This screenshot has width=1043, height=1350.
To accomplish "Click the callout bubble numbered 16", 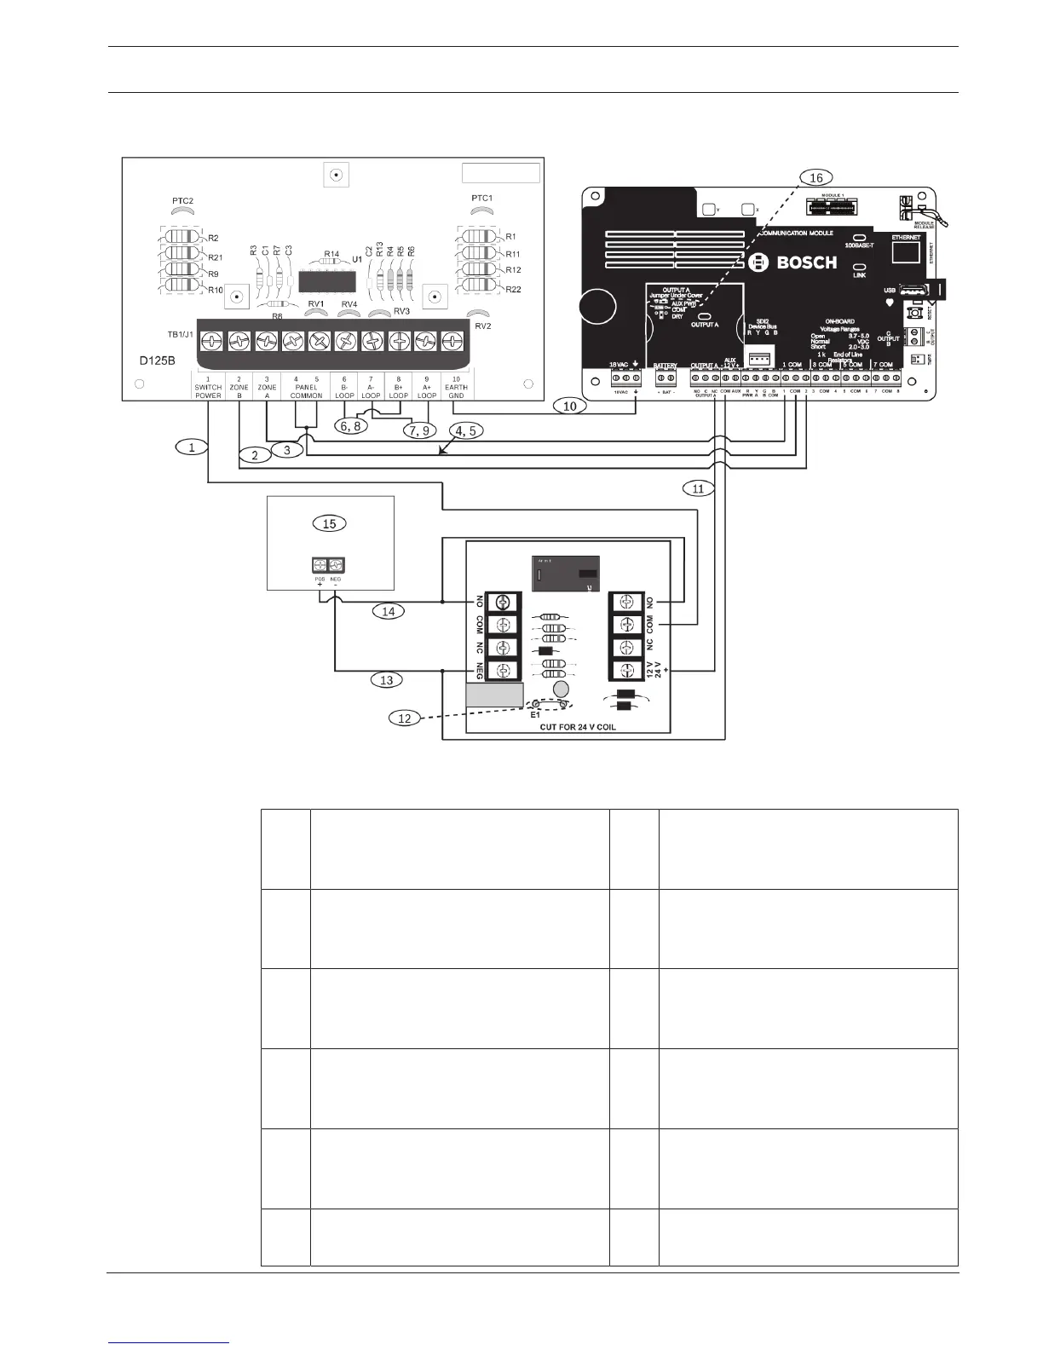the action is [815, 177].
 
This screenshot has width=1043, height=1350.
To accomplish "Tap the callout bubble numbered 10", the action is [570, 406].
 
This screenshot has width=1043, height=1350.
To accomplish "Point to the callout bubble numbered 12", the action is [405, 718].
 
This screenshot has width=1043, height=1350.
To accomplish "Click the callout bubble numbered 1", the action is [193, 447].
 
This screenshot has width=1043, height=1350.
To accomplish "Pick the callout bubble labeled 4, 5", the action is [465, 431].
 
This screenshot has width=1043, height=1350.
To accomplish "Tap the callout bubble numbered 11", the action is [698, 488].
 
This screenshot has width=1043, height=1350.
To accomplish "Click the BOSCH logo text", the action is [795, 262].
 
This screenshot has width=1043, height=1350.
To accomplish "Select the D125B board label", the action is [158, 361].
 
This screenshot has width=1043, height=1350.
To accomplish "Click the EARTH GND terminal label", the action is [456, 391].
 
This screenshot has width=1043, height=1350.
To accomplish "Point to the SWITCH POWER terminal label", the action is [208, 391].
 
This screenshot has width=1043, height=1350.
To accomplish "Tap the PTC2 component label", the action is [182, 201].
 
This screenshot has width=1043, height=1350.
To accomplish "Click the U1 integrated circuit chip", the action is [328, 281].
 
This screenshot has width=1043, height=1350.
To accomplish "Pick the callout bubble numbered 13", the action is [387, 680].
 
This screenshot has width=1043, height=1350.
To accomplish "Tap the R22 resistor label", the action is [512, 290].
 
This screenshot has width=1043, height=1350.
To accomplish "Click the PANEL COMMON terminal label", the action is [306, 391].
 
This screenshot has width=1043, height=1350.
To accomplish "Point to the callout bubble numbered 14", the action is [388, 611].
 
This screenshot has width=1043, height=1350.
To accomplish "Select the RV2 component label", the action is [482, 326].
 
